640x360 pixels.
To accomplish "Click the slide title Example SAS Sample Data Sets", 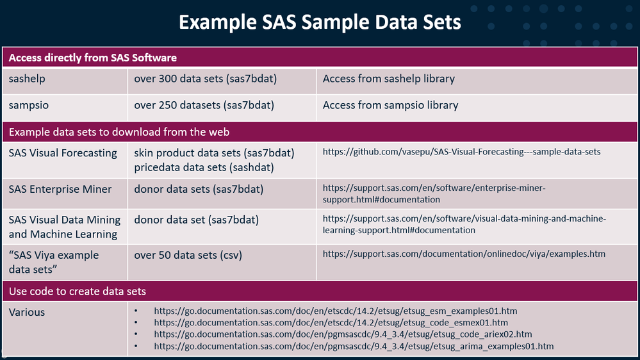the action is pos(320,22).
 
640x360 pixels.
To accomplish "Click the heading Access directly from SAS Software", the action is pos(93,58).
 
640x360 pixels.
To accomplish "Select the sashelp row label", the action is pos(27,78).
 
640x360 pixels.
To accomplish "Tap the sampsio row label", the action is pos(29,105).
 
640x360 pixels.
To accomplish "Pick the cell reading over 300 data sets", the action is pos(205,78).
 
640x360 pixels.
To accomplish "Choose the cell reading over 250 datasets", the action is pos(204,105).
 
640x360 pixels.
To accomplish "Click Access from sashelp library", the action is pos(389,78).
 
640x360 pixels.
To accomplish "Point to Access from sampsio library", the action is pos(390,105).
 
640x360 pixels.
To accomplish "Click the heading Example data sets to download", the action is pos(119,132).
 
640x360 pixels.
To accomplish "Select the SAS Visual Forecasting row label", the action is pos(63,152).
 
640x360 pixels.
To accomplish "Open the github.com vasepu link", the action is pos(462,151).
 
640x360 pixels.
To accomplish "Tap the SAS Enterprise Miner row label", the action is pos(60,189).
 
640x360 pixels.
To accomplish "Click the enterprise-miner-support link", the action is pos(434,193).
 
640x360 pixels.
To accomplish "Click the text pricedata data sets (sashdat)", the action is pos(204,167).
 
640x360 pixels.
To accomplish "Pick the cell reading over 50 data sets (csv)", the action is pos(188,255).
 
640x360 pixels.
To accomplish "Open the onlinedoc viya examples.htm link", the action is pos(464,254).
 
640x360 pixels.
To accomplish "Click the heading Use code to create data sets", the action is pos(77,291).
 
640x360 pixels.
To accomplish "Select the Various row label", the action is pos(27,312).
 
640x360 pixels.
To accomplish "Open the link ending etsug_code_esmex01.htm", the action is pos(331,322).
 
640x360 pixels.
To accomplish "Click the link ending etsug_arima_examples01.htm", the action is pos(354,346).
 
